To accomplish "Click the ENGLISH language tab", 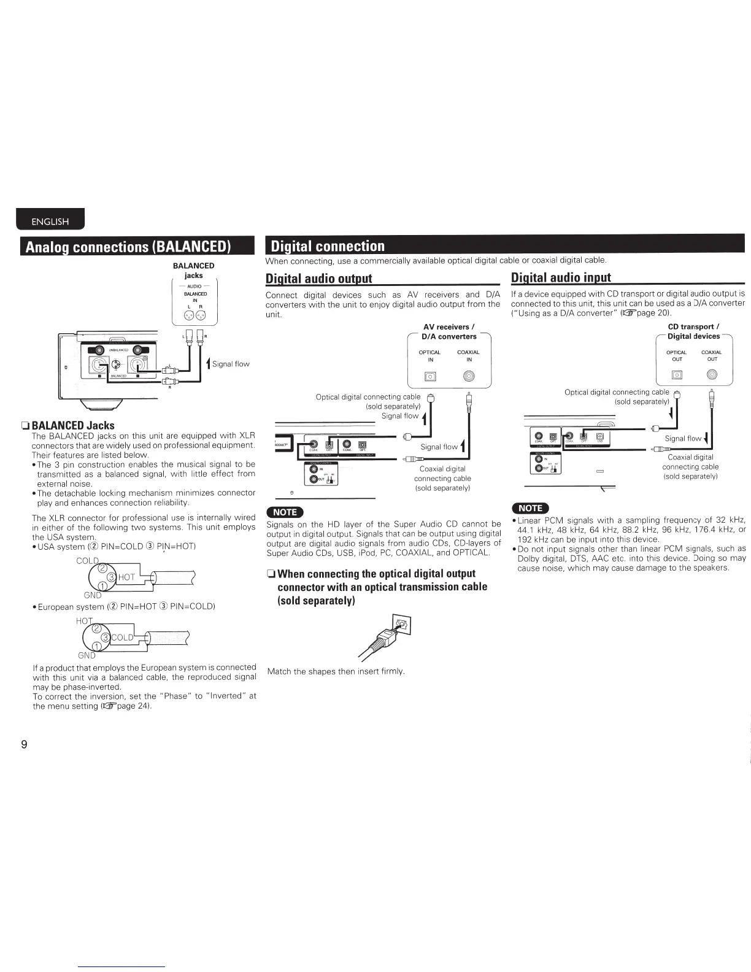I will [50, 222].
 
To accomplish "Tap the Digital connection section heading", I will [328, 246].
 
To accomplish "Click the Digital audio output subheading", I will [318, 278].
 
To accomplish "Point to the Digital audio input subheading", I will [561, 278].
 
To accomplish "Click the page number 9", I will [24, 745].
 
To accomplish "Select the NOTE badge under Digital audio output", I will [284, 512].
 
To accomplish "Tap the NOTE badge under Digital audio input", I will [530, 507].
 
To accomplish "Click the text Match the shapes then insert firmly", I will [336, 671].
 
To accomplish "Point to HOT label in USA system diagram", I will [126, 577].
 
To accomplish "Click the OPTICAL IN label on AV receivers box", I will [429, 356].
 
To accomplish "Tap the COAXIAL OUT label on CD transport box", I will [712, 356].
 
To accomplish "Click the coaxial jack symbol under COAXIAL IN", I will [468, 376].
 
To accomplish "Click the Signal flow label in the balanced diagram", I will [230, 364].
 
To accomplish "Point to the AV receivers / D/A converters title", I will [449, 331].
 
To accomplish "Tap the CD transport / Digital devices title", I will [693, 331].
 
